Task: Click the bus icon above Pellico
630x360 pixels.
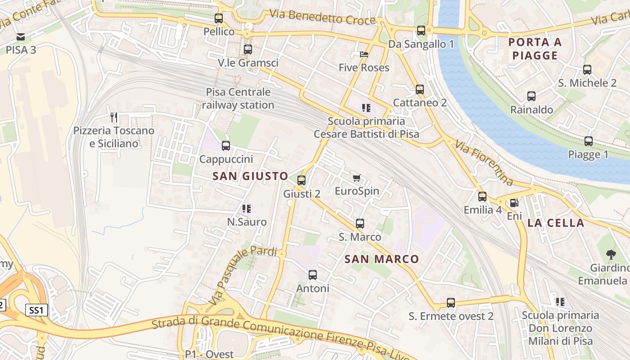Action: pos(219,18)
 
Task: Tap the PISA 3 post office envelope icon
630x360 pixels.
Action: pos(21,37)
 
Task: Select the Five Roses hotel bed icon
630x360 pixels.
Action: pos(364,54)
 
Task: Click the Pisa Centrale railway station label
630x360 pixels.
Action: pos(238,99)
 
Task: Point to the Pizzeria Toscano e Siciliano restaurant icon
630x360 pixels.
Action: pos(114,117)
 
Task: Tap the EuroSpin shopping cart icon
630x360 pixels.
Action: pos(357,178)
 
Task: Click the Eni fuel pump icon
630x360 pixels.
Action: pos(514,203)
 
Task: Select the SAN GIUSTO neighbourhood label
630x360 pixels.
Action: pos(250,176)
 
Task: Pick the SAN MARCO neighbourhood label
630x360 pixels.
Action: pos(382,259)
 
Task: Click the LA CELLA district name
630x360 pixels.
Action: pos(556,223)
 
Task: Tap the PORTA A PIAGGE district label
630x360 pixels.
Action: pos(535,49)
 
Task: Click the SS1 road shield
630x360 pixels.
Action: pos(36,310)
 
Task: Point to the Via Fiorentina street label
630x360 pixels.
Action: pos(484,163)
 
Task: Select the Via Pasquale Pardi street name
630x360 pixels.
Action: pos(243,275)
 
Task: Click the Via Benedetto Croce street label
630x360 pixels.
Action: pos(322,18)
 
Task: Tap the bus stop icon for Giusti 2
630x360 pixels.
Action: pos(301,180)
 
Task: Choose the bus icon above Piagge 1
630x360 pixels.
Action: pos(588,141)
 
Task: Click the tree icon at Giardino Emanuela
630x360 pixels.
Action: pos(611,255)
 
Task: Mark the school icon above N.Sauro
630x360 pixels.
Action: pos(247,209)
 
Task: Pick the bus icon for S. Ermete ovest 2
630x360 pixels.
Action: pos(451,303)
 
